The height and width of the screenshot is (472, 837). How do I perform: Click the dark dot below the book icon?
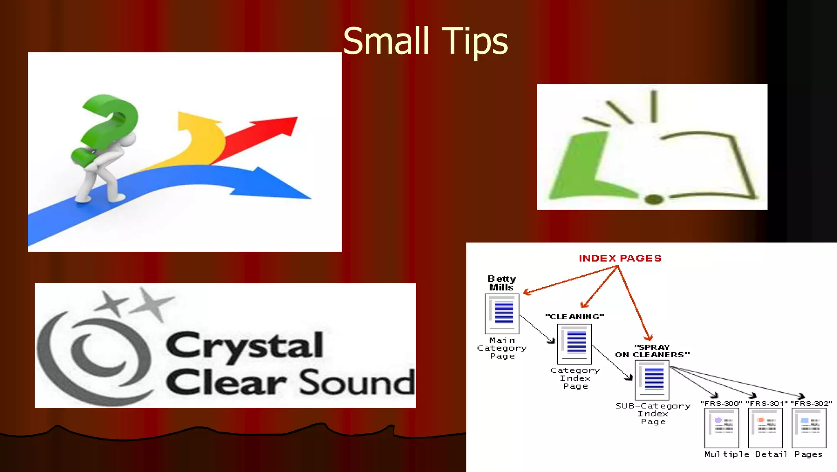654,199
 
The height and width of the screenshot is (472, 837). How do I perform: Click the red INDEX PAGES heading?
620,258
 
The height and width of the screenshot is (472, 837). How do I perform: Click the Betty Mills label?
501,283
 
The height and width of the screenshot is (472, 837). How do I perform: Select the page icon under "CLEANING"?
574,344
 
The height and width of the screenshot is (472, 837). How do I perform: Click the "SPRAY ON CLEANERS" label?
652,351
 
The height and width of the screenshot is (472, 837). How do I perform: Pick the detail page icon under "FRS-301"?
765,427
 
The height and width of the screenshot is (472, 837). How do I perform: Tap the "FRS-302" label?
811,403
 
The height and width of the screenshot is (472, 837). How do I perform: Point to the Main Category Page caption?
502,348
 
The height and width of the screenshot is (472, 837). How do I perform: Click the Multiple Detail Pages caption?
763,454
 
